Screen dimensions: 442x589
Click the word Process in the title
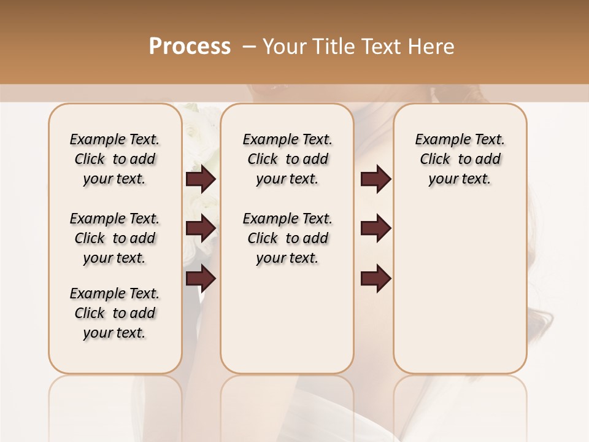coord(190,47)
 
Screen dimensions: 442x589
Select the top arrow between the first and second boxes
coord(201,179)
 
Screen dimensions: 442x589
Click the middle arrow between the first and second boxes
coord(201,228)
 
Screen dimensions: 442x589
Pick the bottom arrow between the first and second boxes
coord(201,279)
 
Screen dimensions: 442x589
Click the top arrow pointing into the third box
coord(375,179)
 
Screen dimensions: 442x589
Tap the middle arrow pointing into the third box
coord(375,228)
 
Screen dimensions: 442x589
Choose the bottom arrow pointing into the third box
coord(375,279)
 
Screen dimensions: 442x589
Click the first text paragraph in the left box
coord(115,159)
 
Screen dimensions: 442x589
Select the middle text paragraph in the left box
coord(115,238)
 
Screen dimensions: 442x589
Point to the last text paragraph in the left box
coord(115,313)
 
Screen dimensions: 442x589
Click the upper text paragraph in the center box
coord(288,159)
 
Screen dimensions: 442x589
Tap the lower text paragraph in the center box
coord(288,238)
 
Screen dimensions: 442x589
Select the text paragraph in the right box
coord(460,159)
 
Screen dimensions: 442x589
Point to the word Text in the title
coord(383,47)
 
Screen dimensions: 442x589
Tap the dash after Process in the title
coord(249,47)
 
